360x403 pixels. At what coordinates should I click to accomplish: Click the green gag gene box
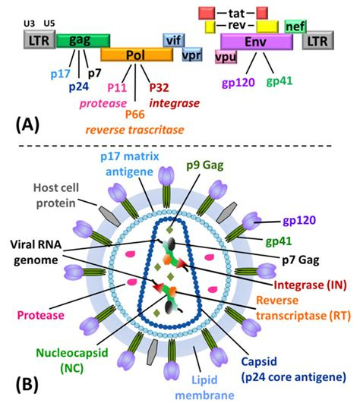coord(83,41)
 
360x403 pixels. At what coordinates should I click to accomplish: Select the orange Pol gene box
coord(137,55)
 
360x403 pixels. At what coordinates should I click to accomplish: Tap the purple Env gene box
coord(257,42)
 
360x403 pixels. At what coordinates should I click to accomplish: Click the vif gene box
coord(174,40)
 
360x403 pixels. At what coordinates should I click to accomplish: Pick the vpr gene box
coord(192,55)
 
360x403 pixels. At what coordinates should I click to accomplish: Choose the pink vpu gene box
coord(226,57)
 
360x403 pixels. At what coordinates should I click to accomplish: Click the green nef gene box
coord(295,27)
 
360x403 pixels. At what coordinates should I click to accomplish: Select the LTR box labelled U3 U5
coord(39,39)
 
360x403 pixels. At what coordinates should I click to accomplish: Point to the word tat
coord(236,13)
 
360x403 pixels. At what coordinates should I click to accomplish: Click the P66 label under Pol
coord(135,115)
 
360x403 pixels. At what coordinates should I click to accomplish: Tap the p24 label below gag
coord(79,87)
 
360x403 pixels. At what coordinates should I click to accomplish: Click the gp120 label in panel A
coord(238,83)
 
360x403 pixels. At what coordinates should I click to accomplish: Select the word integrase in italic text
coord(175,103)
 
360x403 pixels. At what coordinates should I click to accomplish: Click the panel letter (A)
coord(27,125)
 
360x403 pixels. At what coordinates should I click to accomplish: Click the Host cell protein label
coord(56,195)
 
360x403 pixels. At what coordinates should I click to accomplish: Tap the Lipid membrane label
coord(205,387)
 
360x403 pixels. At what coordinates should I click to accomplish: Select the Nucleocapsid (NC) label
coord(72,360)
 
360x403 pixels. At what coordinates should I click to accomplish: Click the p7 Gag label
coord(301,260)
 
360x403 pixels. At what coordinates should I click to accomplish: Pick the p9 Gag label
coord(205,165)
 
